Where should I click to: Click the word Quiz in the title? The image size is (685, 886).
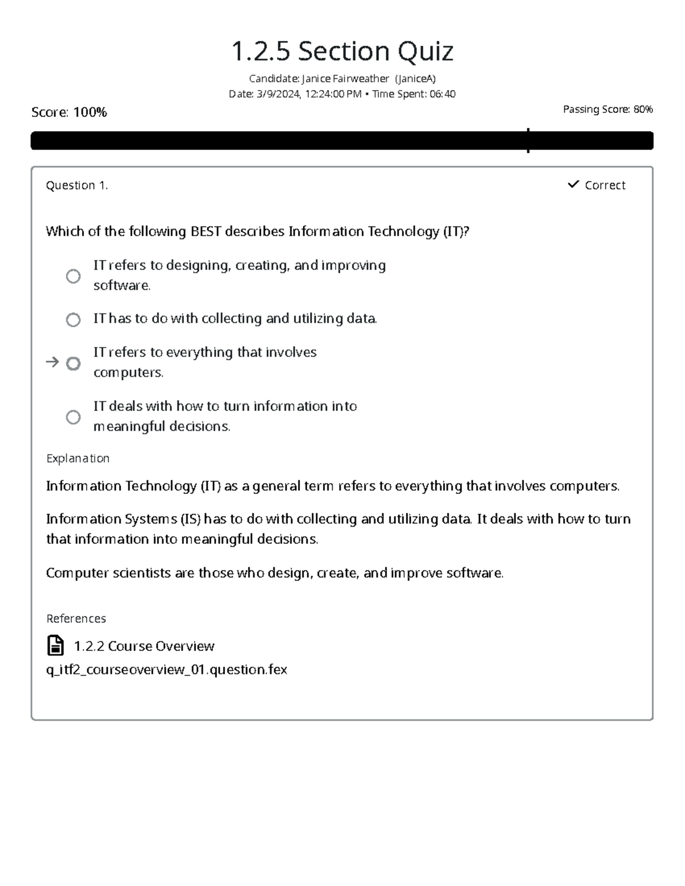425,52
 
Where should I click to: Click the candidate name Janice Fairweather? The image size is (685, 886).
345,79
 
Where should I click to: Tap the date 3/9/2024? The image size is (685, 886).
278,94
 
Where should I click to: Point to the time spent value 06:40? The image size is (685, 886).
442,94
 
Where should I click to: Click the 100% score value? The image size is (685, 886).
90,112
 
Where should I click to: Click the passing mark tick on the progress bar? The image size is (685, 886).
528,140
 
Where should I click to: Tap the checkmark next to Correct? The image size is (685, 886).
573,184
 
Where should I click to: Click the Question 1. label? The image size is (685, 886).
76,185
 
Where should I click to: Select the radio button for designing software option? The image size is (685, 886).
73,276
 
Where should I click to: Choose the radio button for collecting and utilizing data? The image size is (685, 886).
73,319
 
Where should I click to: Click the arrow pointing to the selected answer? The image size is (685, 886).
52,362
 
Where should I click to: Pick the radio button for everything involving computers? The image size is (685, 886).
73,363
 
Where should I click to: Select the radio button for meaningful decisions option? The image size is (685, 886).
73,417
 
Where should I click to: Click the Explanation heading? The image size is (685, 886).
78,459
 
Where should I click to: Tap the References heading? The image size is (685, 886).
76,619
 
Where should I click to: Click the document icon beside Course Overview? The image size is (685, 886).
55,646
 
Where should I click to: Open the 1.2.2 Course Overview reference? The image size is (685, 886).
144,646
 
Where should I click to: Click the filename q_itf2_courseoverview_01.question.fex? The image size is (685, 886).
166,670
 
